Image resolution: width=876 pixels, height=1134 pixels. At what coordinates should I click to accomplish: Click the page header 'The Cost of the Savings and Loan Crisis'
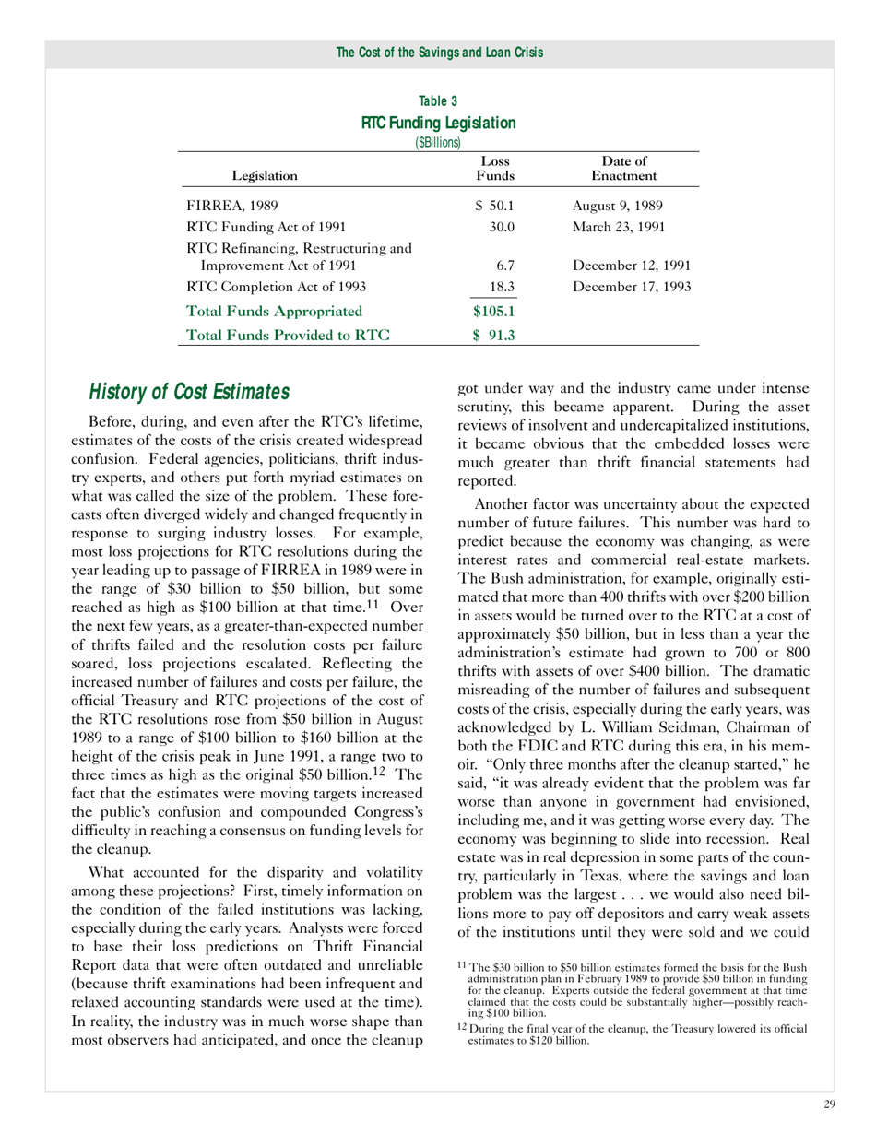coord(439,53)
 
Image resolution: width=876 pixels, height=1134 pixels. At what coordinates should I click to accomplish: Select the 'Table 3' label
coord(438,101)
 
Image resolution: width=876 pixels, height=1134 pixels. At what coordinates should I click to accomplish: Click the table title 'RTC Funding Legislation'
coord(438,123)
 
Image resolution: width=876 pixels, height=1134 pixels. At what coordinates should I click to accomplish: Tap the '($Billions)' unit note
coord(438,142)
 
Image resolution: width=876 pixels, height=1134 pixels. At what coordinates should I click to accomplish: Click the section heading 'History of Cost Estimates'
coord(189,393)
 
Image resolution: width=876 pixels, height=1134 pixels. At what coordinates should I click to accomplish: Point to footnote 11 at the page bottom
coord(633,991)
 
